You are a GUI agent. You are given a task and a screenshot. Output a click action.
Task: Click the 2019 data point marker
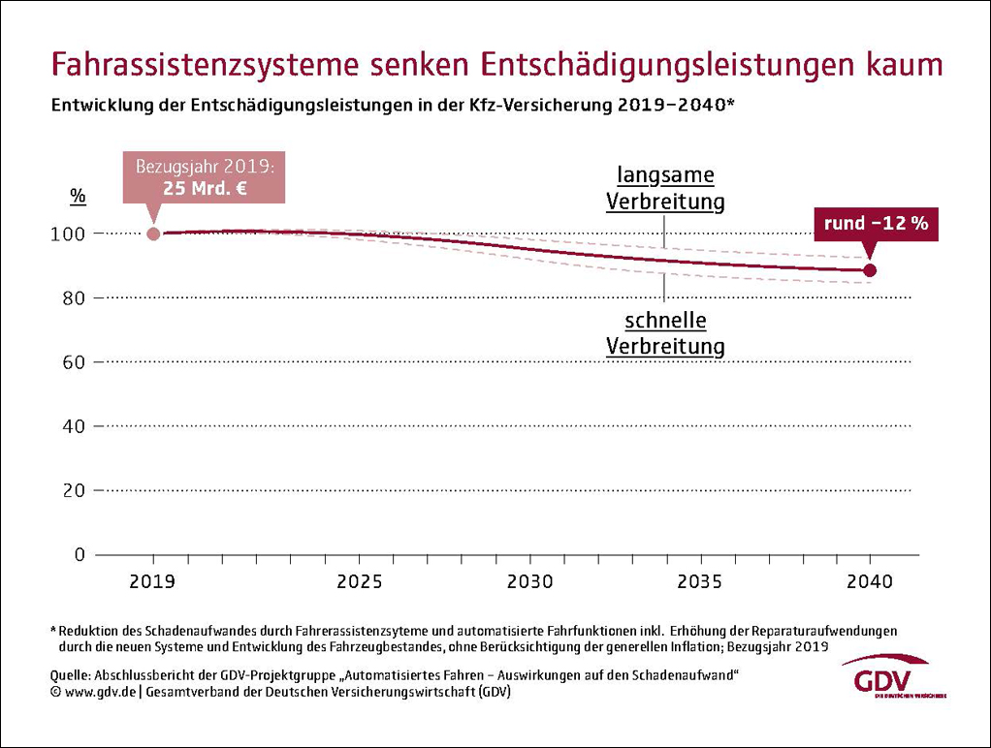[x=153, y=234]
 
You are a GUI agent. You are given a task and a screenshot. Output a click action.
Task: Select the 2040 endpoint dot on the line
[x=870, y=270]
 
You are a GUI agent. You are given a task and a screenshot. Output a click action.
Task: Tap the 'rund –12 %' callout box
[x=876, y=223]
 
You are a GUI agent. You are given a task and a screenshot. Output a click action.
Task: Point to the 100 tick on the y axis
[x=76, y=234]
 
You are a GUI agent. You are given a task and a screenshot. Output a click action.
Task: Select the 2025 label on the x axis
[x=359, y=582]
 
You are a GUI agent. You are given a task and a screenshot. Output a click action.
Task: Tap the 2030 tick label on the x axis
[x=529, y=582]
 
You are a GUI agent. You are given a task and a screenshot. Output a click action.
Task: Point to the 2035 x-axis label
[x=700, y=582]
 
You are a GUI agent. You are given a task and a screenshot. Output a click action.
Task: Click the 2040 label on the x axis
[x=870, y=582]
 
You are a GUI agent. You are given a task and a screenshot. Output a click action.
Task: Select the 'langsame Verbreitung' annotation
[x=666, y=188]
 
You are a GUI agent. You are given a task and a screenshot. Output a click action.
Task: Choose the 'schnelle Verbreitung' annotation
[x=666, y=332]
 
